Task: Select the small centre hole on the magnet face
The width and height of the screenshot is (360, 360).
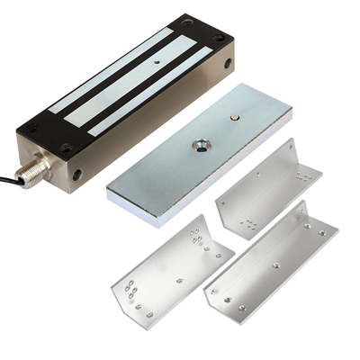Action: [x=156, y=64]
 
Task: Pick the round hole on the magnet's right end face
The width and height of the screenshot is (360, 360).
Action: [x=227, y=64]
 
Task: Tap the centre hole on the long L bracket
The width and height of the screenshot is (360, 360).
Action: [x=275, y=266]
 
